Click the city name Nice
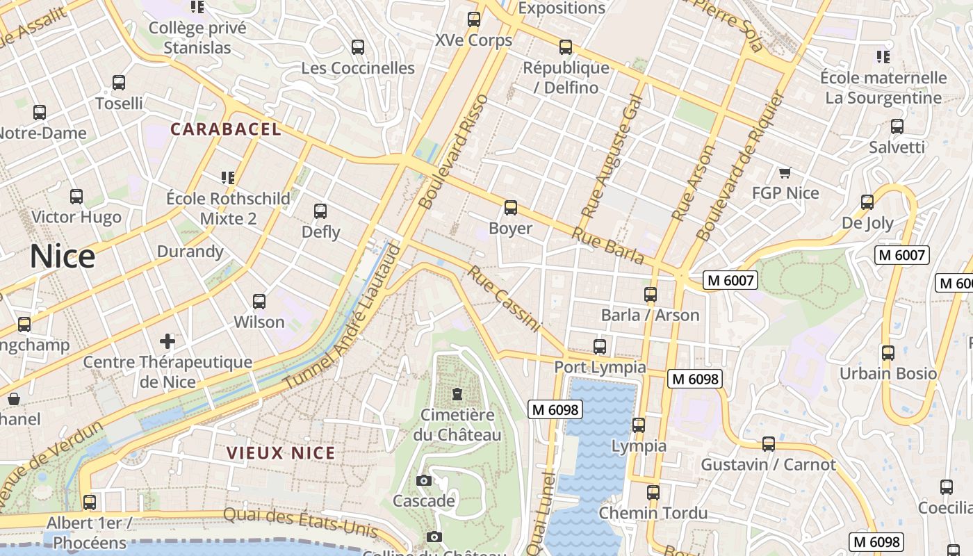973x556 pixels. pos(62,256)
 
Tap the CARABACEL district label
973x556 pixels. pos(226,129)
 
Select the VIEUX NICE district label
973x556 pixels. pos(281,453)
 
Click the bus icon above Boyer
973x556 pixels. pos(511,207)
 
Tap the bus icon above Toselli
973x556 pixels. pos(119,83)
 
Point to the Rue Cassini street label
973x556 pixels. pos(504,299)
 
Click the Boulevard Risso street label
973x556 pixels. pos(455,152)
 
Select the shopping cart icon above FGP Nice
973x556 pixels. pos(785,172)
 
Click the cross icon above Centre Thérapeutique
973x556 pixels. pos(167,341)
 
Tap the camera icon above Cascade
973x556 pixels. pos(423,480)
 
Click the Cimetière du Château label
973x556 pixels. pos(457,425)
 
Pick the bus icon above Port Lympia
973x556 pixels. pos(600,346)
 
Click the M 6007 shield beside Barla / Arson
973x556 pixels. pos(730,280)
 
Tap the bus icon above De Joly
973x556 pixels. pos(867,202)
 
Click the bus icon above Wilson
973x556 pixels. pos(259,302)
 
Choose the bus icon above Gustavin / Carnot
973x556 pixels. pos(769,443)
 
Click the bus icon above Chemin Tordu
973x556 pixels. pos(653,493)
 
